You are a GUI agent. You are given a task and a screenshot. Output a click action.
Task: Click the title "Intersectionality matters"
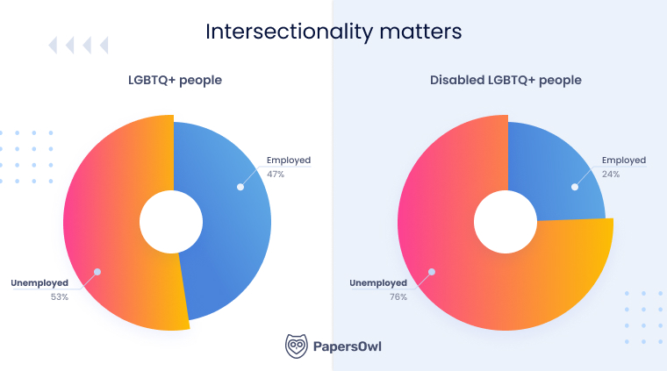click(x=333, y=32)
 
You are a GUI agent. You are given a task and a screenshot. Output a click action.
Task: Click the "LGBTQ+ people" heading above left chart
click(x=175, y=81)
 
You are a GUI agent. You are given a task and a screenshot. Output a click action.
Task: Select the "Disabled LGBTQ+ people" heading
click(x=506, y=81)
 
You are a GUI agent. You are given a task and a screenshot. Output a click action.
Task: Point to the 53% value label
click(x=59, y=297)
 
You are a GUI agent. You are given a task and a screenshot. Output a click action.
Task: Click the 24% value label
click(x=611, y=174)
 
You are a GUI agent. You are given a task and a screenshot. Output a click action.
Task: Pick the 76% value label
click(x=398, y=297)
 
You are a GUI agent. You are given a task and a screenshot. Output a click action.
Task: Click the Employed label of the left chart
click(x=288, y=161)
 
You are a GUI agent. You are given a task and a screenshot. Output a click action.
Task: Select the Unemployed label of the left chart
click(x=39, y=283)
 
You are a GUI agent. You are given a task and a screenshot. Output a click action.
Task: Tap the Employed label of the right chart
click(x=623, y=161)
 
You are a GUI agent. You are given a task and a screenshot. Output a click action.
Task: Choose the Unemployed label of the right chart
click(x=378, y=283)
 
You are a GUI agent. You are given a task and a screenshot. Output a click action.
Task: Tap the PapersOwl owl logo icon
click(x=296, y=346)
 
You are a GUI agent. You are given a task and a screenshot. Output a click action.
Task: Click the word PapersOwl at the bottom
click(x=348, y=346)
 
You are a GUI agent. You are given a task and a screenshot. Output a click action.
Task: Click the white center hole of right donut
click(x=505, y=220)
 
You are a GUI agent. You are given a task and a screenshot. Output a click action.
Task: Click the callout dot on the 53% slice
click(x=97, y=272)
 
